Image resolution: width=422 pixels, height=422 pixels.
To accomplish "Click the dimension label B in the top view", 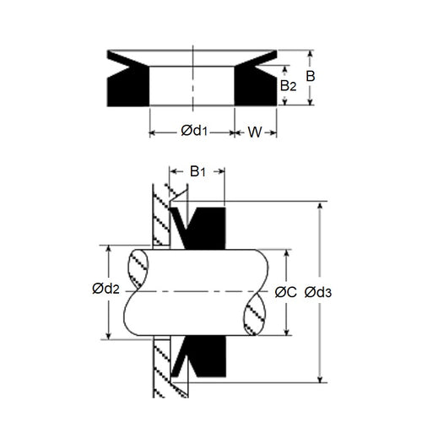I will pos(311,76).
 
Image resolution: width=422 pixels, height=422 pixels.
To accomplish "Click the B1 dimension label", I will pos(196,171).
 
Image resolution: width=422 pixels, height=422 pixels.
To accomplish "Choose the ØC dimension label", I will pos(285,292).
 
